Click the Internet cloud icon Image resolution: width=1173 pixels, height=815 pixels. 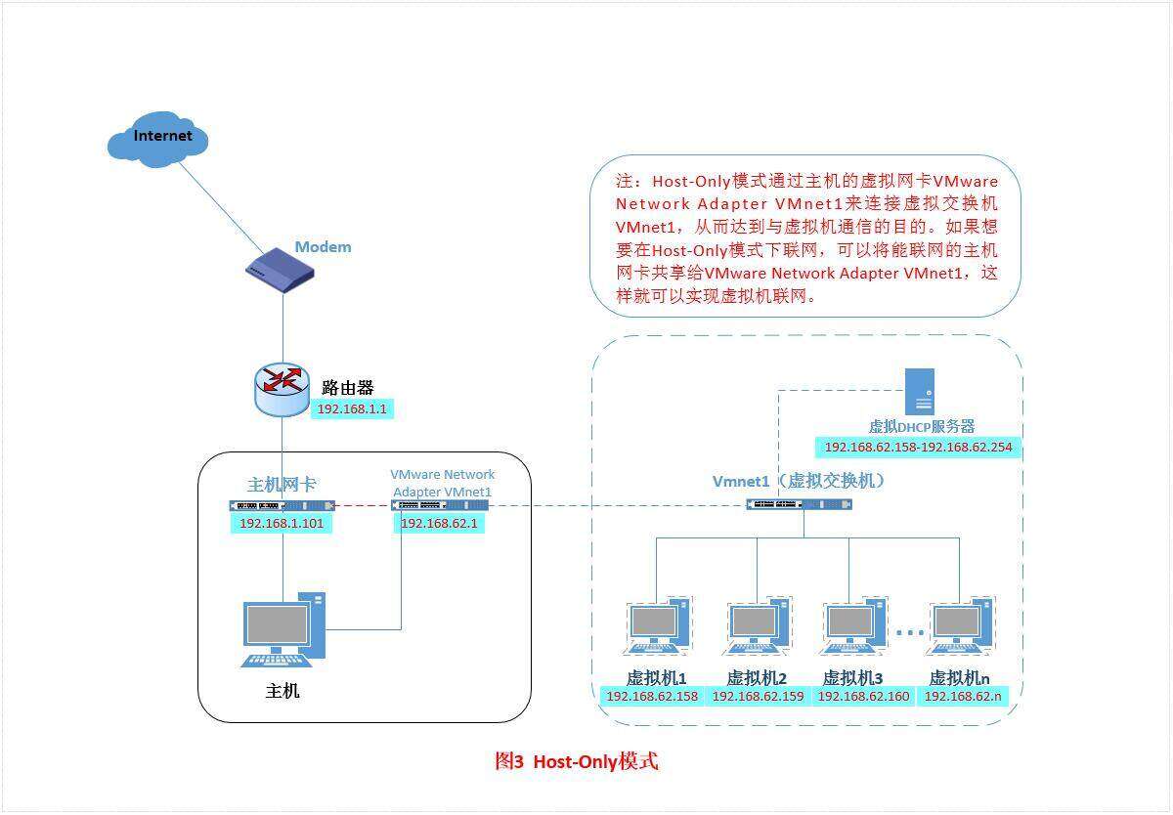point(157,139)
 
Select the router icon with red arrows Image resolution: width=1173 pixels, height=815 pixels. point(282,388)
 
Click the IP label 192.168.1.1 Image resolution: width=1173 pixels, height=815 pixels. point(353,409)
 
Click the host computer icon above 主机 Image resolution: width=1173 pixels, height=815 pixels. point(283,629)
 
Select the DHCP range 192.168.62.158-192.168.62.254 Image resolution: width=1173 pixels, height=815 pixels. point(918,448)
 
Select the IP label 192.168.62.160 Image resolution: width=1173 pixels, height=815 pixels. point(863,697)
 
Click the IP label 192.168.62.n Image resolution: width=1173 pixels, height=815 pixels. point(963,697)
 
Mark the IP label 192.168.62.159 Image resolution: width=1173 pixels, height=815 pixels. point(758,697)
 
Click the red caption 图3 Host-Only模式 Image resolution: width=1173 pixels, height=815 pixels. point(577,761)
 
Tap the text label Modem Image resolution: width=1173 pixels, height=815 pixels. point(323,247)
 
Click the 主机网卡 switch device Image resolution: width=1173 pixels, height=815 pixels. point(282,505)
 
